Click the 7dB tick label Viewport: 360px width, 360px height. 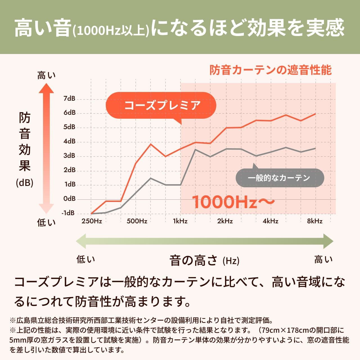coord(69,98)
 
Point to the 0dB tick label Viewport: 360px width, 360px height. coord(69,199)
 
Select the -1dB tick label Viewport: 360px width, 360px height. coord(68,213)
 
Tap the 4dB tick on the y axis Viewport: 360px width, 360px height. coord(69,141)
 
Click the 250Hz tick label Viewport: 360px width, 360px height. coord(92,221)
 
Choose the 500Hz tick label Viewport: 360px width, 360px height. coord(137,221)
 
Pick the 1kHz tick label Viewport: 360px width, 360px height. coord(180,221)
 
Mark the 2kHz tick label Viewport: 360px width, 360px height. coord(225,221)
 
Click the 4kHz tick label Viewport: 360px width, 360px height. coord(270,221)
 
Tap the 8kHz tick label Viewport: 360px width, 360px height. coord(315,221)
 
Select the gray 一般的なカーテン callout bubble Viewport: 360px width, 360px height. coord(280,178)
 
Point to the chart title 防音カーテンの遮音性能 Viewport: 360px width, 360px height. coord(271,70)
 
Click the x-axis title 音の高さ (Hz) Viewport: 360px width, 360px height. coord(204,260)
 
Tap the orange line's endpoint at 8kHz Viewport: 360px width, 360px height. coord(315,114)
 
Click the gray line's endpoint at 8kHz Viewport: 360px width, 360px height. coord(315,148)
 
